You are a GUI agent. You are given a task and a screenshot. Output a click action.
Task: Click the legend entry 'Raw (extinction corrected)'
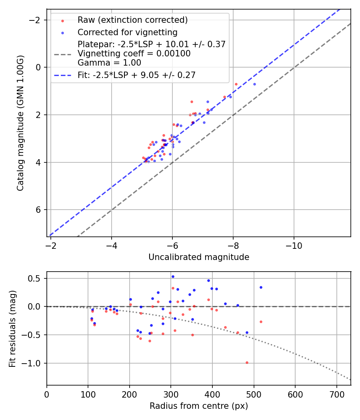tap(132, 20)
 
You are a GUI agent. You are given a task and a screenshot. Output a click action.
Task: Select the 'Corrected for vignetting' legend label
tap(127, 32)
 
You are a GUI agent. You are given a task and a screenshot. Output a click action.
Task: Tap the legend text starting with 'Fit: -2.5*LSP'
tap(136, 75)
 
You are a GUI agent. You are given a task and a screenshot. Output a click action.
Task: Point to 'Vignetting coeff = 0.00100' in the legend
tap(134, 54)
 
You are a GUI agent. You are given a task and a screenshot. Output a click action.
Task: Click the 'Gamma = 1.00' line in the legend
tap(109, 62)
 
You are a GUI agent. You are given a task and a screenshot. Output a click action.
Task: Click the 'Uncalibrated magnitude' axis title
tap(199, 257)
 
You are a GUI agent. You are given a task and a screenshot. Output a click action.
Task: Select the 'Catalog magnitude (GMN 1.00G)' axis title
tap(21, 123)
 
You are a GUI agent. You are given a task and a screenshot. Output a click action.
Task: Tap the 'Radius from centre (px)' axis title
tap(199, 406)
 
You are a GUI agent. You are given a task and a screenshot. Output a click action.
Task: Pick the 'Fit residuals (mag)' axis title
tap(13, 328)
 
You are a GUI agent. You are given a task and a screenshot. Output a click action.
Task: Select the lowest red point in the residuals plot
tap(247, 362)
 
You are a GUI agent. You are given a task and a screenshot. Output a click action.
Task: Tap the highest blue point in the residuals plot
tap(173, 276)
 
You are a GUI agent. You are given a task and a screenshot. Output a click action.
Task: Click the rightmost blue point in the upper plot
tap(254, 84)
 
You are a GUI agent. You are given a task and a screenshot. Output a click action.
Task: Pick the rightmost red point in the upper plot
tap(236, 84)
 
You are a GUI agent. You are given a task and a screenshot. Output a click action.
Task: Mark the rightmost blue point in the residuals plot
tap(261, 287)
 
